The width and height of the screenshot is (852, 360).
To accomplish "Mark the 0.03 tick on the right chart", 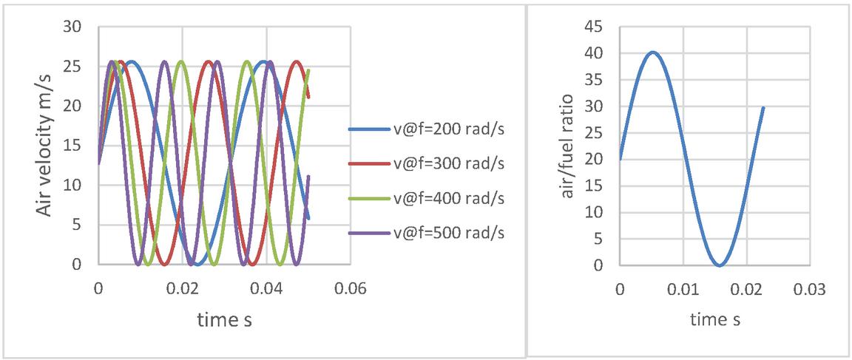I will [809, 289].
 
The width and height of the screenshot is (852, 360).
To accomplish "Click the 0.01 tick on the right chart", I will [683, 289].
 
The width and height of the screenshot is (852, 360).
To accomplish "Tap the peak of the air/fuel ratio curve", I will [652, 52].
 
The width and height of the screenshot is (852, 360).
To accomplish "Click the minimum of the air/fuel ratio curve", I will [719, 265].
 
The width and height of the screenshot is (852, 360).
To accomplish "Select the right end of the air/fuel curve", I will [763, 108].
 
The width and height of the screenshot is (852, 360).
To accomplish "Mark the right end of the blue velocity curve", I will [308, 218].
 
